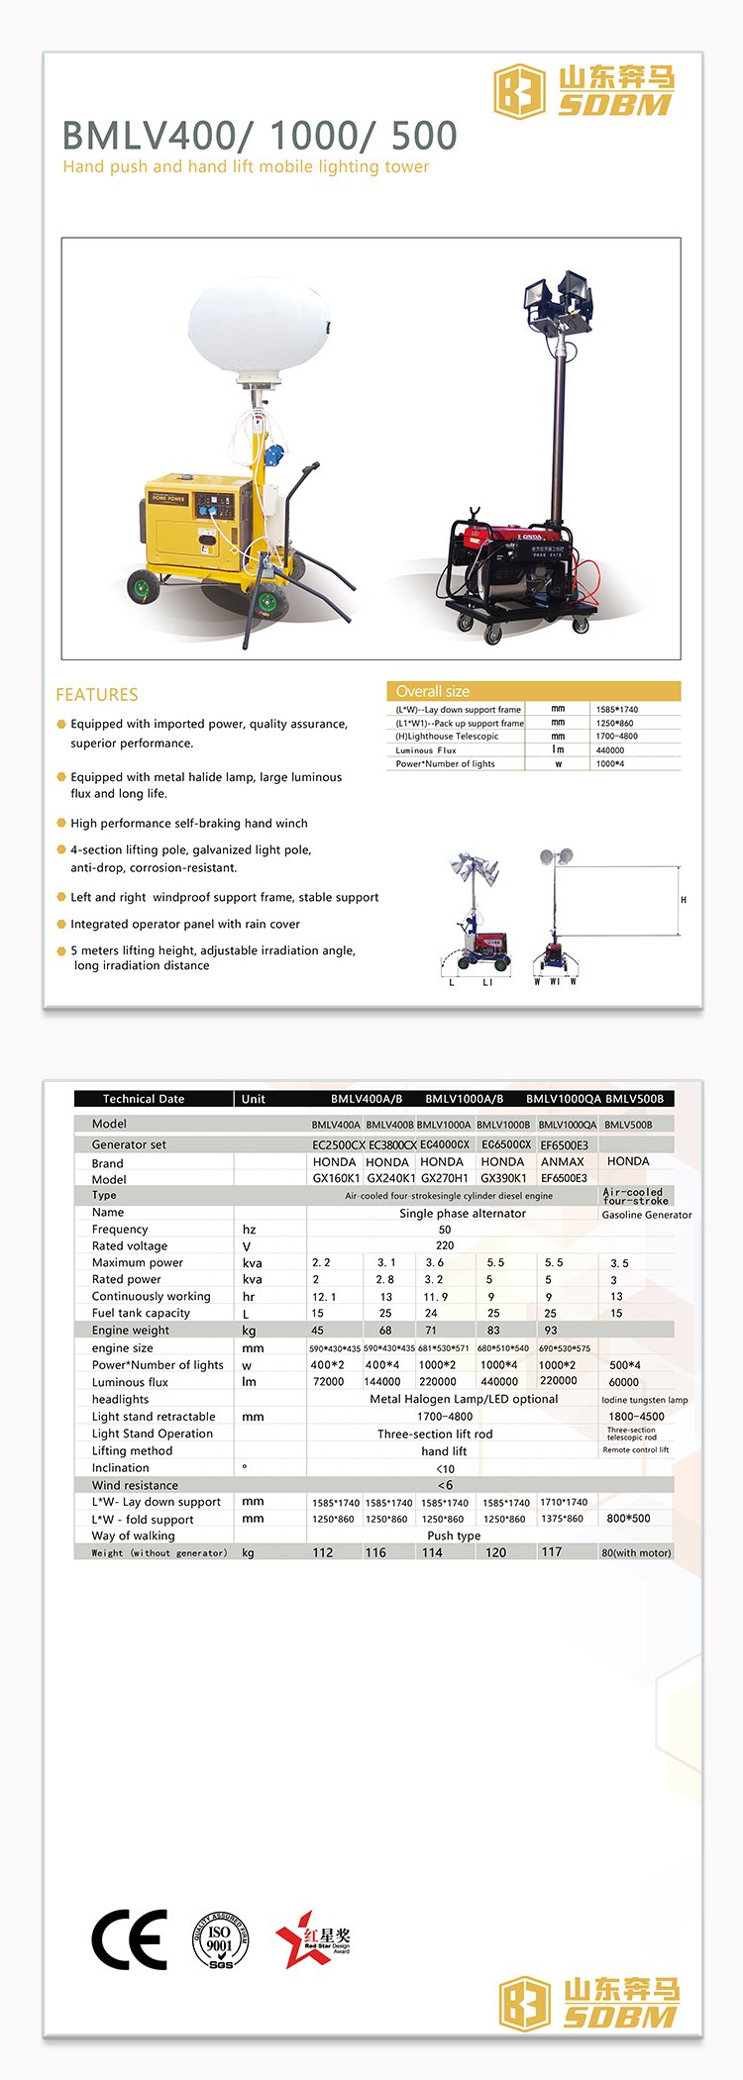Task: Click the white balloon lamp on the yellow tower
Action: [x=260, y=329]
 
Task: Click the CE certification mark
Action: [x=129, y=1939]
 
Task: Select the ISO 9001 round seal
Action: [x=220, y=1939]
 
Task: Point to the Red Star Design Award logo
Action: [x=312, y=1939]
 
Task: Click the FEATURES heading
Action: [x=97, y=695]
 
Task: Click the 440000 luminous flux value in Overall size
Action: [x=610, y=750]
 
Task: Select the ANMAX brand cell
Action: [x=563, y=1162]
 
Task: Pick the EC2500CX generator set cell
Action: [x=338, y=1144]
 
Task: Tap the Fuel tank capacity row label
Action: [x=141, y=1313]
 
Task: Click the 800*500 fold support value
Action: [x=628, y=1518]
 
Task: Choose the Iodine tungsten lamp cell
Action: [x=644, y=1400]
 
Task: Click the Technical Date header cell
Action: [x=144, y=1099]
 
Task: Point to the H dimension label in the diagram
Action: [x=684, y=900]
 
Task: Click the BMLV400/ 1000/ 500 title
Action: [x=260, y=136]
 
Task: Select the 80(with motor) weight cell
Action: [x=636, y=1552]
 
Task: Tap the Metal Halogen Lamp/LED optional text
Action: [x=464, y=1399]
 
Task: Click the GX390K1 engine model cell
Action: [x=503, y=1178]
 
